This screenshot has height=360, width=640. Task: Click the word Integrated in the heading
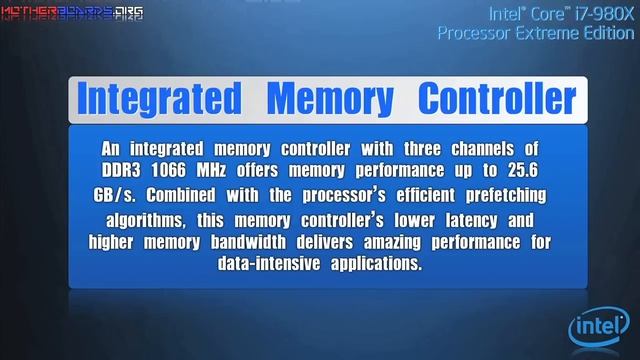point(159,99)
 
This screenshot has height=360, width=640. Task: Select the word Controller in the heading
point(497,99)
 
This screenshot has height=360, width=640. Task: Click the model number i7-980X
point(597,14)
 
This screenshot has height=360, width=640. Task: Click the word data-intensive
point(268,266)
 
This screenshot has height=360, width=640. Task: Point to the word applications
point(377,266)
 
